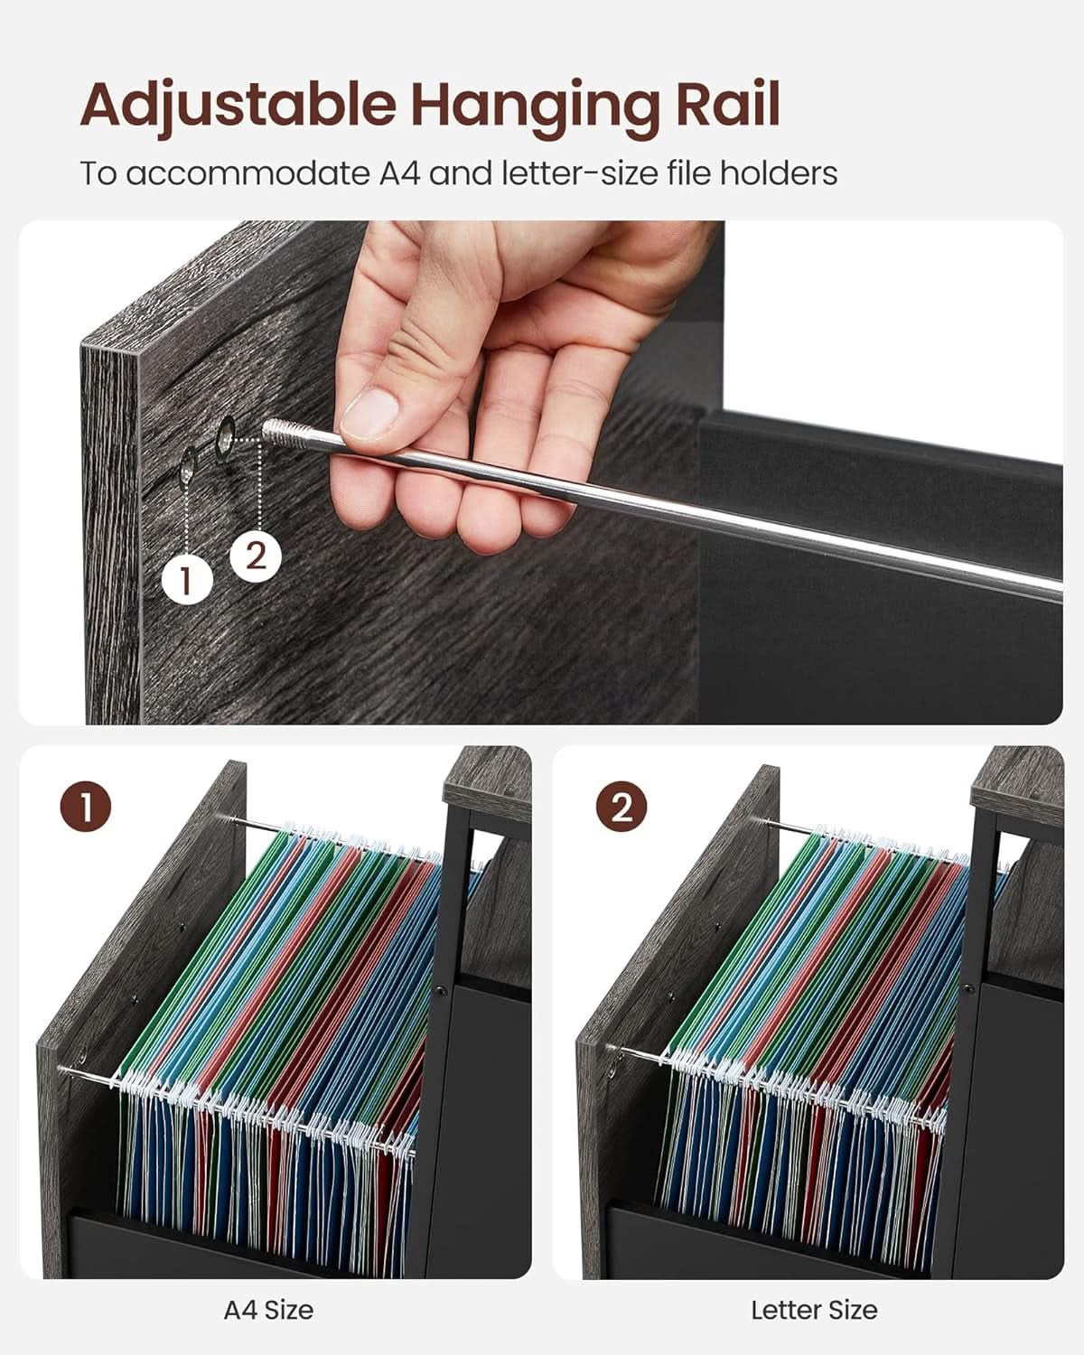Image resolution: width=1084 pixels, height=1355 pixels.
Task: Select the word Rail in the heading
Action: (x=727, y=103)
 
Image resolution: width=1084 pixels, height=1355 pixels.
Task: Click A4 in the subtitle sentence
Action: (x=399, y=173)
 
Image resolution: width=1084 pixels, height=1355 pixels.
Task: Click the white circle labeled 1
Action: (x=186, y=580)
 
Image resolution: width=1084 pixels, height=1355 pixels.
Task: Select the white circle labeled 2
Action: (x=255, y=556)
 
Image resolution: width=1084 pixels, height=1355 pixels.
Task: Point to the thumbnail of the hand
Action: (x=369, y=413)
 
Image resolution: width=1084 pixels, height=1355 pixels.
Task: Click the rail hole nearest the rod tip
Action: (x=226, y=435)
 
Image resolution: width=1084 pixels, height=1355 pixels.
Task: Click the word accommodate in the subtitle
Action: (x=249, y=173)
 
